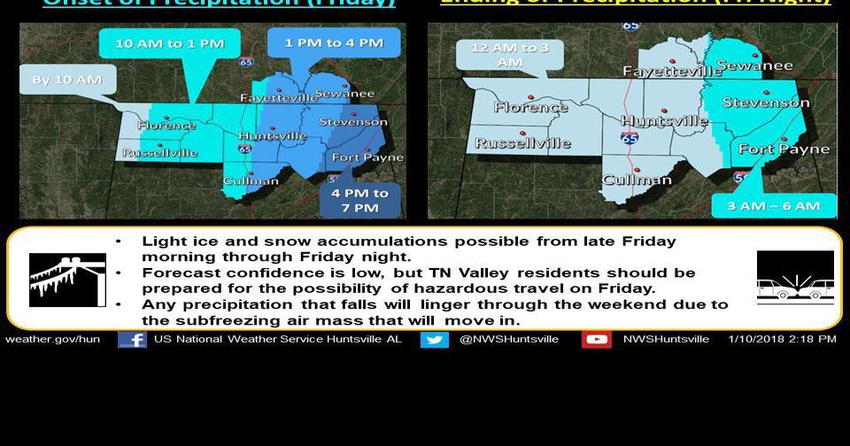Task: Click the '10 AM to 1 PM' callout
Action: [169, 43]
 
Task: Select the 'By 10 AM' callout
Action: [67, 80]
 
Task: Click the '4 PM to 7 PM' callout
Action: [360, 200]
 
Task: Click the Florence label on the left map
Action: [166, 126]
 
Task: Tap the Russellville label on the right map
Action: [522, 142]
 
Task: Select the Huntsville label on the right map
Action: [664, 120]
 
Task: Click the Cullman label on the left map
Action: [251, 181]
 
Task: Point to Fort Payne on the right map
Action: [784, 149]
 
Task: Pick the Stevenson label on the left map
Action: [352, 122]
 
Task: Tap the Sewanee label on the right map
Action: [754, 65]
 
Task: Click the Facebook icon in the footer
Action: [132, 339]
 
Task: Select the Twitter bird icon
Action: [434, 339]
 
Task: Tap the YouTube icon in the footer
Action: [596, 339]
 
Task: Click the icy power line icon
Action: [67, 279]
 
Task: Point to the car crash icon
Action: [795, 278]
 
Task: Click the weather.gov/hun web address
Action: [52, 339]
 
